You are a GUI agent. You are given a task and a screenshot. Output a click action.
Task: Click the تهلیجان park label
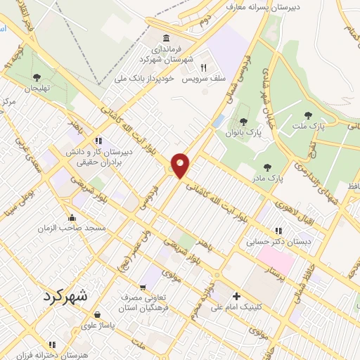point(37,89)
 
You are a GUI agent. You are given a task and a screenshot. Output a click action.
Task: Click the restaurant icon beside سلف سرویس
point(203,68)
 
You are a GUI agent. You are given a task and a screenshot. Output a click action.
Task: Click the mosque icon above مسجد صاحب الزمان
point(72,217)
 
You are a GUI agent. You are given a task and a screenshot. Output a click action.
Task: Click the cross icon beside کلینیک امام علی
point(236,296)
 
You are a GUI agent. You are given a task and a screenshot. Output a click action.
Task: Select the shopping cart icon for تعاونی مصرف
point(143,287)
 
